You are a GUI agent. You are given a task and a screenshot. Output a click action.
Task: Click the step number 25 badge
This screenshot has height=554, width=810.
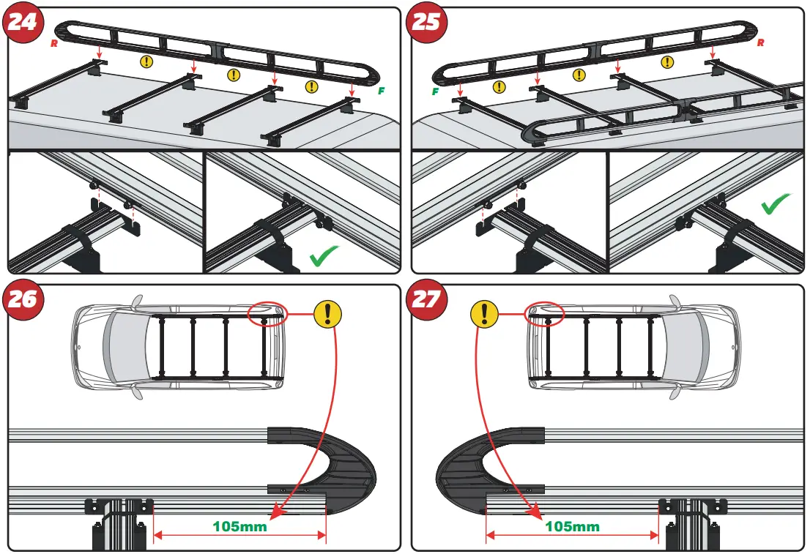click(x=426, y=23)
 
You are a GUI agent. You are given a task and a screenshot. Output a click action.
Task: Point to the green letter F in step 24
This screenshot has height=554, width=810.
click(x=381, y=91)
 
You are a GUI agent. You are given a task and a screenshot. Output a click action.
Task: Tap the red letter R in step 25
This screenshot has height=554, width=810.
click(x=761, y=43)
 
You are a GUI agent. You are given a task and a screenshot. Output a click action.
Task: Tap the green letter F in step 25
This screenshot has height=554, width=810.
click(x=435, y=92)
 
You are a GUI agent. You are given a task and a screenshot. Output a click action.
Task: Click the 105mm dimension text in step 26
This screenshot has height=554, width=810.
click(x=239, y=525)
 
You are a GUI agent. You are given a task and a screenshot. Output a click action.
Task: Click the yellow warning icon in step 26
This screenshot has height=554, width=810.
click(x=327, y=314)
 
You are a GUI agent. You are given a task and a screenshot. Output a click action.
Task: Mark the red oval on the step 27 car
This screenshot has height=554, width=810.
click(x=545, y=315)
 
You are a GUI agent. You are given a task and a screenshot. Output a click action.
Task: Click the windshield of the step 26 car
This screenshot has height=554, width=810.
click(x=115, y=342)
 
